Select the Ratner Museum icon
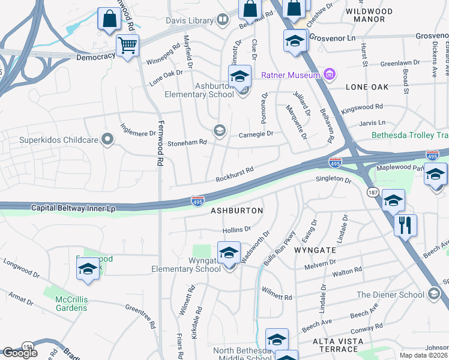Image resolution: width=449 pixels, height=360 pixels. coord(329,74)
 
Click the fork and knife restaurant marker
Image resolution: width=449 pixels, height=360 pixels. coord(406,226)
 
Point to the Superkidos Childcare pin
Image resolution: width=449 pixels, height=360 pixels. coord(107,140)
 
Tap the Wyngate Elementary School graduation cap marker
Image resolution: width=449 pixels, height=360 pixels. coord(229,253)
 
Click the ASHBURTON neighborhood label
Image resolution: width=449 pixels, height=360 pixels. coord(237,211)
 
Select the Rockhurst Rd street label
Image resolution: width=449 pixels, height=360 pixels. coord(235,175)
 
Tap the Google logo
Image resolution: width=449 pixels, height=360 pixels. coord(20,352)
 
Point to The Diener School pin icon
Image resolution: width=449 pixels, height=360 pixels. coord(435,294)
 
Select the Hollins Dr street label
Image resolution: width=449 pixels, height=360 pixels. coord(236,229)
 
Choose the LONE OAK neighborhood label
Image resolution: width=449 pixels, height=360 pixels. coord(367,87)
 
